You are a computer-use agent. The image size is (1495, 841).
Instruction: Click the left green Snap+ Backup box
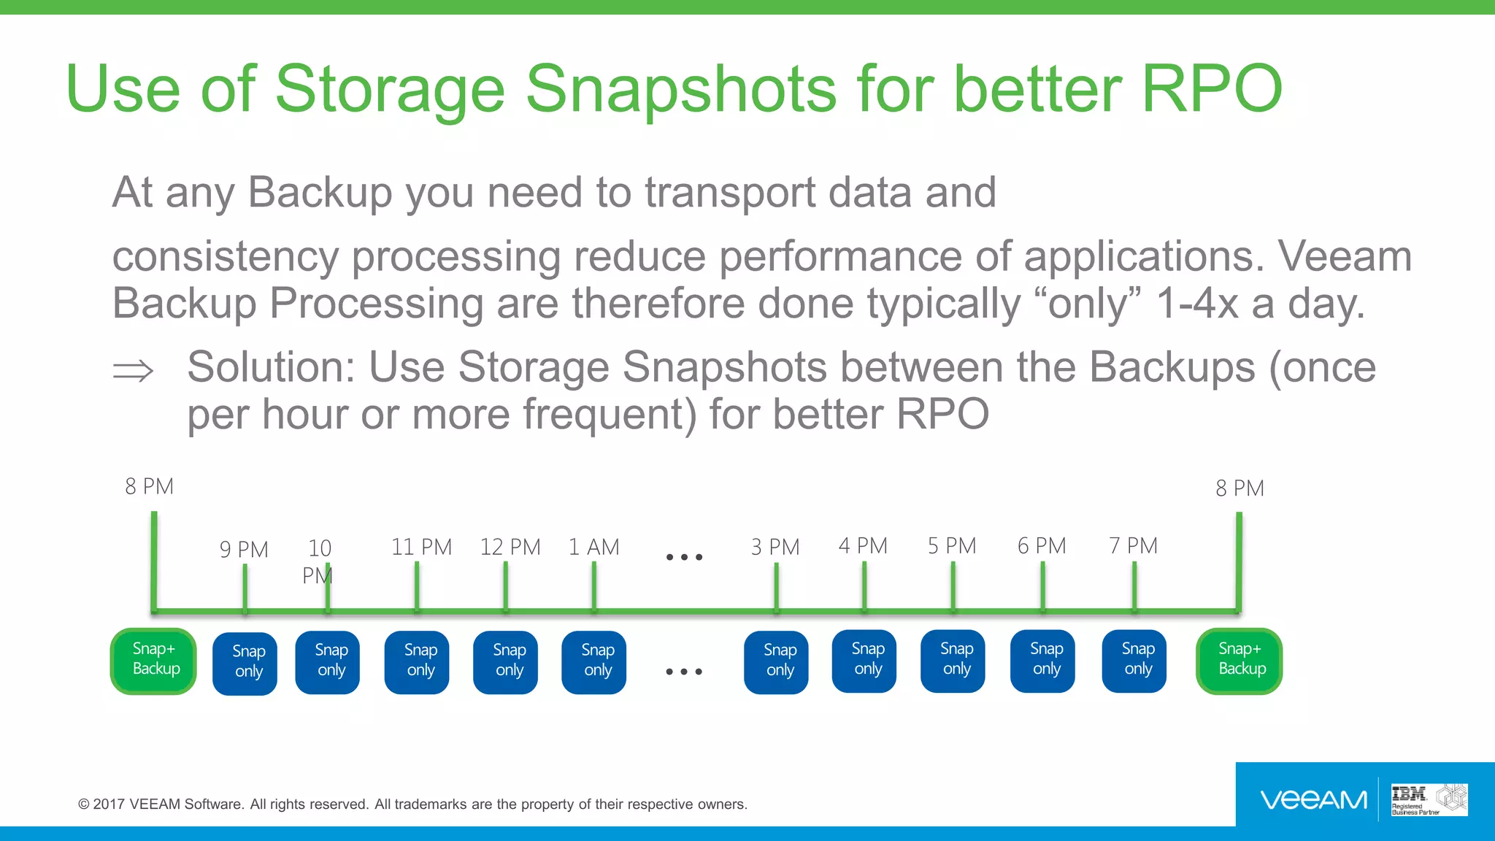[153, 661]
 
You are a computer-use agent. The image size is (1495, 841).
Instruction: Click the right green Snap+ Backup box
[1239, 661]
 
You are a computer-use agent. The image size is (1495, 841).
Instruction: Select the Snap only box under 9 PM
[245, 663]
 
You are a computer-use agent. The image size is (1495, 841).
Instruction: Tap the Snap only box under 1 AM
[593, 661]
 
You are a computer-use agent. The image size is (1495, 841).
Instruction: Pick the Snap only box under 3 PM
[776, 661]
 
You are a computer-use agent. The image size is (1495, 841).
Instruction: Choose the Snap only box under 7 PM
[1134, 661]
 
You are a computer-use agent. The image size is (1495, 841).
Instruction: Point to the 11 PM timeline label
[421, 547]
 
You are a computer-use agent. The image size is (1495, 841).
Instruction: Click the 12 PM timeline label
[510, 547]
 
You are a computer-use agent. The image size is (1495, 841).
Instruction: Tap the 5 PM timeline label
[951, 545]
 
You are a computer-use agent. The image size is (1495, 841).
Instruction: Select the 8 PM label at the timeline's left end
[149, 486]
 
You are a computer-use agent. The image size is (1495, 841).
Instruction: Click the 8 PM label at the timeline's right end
[1239, 488]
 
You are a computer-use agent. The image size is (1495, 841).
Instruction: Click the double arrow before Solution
[133, 370]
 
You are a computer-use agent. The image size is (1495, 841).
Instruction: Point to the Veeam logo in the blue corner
[1313, 800]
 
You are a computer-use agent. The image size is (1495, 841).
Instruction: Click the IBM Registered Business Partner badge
[1429, 800]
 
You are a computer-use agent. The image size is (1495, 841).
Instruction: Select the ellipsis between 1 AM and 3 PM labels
[684, 557]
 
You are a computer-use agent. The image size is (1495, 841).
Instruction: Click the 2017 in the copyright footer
[109, 804]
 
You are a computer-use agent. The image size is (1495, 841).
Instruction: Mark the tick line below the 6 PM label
[1042, 586]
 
